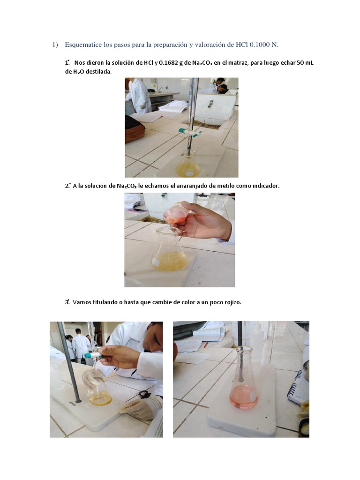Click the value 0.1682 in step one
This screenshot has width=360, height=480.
168,63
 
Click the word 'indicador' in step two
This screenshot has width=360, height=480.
266,186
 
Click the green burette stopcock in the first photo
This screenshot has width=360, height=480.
190,132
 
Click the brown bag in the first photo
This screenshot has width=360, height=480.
134,128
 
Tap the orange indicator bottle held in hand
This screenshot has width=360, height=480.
175,213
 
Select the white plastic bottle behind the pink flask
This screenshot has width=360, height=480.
257,339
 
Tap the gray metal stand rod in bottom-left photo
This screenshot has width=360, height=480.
69,361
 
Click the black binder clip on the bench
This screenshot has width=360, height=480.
144,394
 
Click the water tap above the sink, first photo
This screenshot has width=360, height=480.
210,104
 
